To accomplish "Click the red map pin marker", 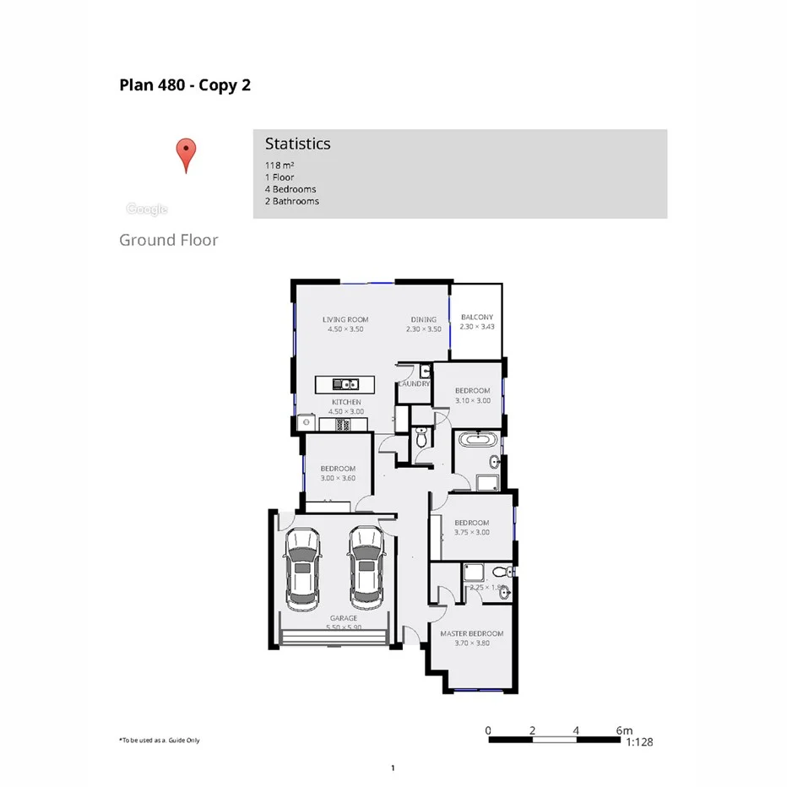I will [186, 154].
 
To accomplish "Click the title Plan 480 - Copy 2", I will [185, 85].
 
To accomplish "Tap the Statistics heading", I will [297, 144].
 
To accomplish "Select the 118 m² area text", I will [280, 166].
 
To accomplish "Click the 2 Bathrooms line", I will [292, 201].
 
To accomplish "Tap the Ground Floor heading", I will [169, 240].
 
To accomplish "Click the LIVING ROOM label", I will [345, 319].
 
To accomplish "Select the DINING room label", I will [424, 319].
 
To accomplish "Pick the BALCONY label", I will [476, 318].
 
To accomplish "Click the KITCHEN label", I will [346, 402].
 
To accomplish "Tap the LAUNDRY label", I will [414, 383].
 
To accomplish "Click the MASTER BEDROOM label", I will [471, 633].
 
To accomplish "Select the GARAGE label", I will [343, 618].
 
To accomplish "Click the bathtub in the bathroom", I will [479, 440].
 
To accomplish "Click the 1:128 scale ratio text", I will [639, 742].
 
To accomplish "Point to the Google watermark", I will [147, 209].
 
